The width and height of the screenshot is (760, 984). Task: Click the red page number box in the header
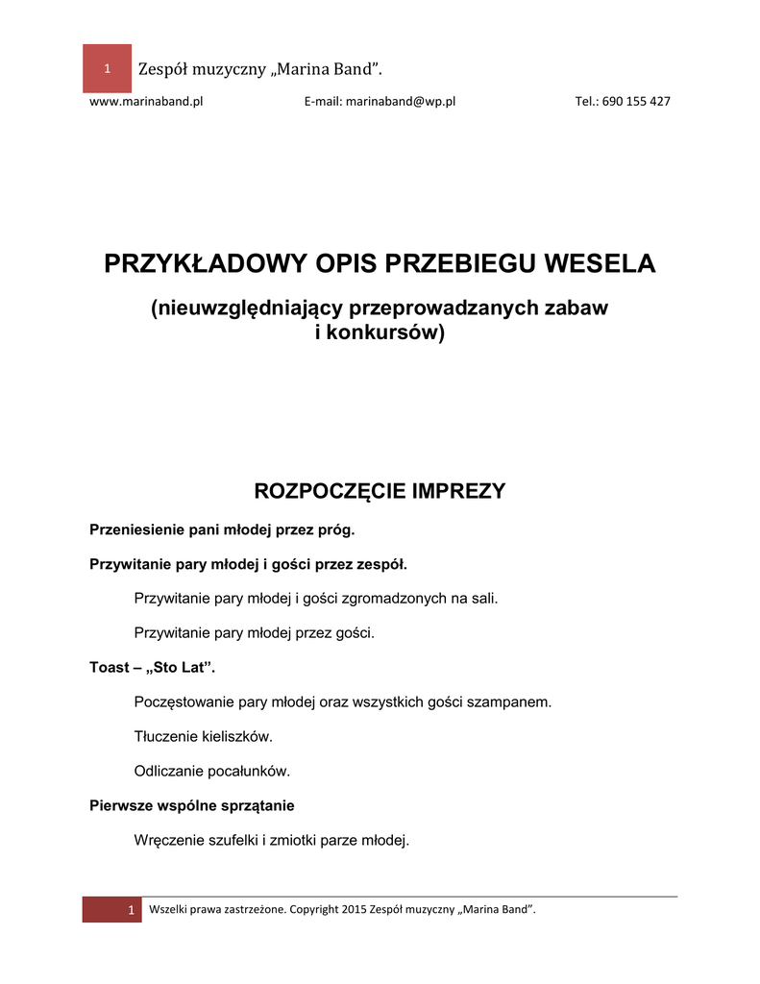point(107,68)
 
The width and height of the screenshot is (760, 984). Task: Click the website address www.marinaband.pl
point(145,102)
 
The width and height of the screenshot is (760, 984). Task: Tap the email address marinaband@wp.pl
point(400,102)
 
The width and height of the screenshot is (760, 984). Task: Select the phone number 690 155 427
point(636,102)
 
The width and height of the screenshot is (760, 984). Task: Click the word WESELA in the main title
point(601,263)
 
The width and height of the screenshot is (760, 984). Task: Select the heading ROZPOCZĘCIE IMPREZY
point(379,492)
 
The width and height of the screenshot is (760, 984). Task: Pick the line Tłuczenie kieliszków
point(204,736)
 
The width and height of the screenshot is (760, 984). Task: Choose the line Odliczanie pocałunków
point(211,771)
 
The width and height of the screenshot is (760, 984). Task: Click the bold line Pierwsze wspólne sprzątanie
point(191,805)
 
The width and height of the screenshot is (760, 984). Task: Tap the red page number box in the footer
point(111,910)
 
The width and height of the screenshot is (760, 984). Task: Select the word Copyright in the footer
point(313,909)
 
